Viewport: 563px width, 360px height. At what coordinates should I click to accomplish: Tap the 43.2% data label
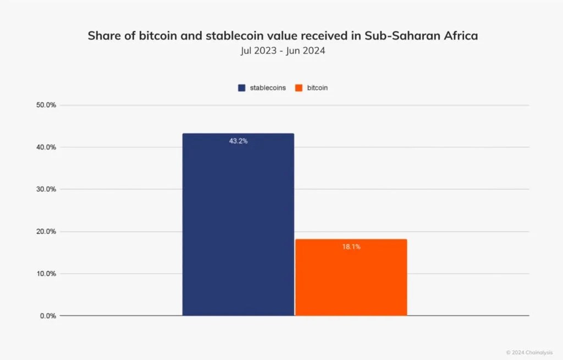pyautogui.click(x=238, y=141)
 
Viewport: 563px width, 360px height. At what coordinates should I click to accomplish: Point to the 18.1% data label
pyautogui.click(x=351, y=247)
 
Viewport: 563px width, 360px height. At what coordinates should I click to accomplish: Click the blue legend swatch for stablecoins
pyautogui.click(x=241, y=88)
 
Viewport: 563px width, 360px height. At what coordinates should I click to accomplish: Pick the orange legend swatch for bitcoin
pyautogui.click(x=299, y=88)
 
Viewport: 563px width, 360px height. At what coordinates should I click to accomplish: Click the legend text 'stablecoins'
pyautogui.click(x=268, y=88)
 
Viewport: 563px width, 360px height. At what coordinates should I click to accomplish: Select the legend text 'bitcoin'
pyautogui.click(x=317, y=88)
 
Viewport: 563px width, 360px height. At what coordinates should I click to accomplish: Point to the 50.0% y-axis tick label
pyautogui.click(x=46, y=105)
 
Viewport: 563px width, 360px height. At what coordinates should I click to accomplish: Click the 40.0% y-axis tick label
pyautogui.click(x=46, y=147)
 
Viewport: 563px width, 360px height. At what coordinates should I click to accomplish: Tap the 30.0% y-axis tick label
pyautogui.click(x=46, y=189)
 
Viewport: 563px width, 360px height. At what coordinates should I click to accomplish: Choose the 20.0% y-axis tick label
pyautogui.click(x=46, y=231)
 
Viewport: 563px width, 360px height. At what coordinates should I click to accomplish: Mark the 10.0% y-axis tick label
pyautogui.click(x=46, y=274)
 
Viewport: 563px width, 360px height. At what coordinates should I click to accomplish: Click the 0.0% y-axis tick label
pyautogui.click(x=48, y=316)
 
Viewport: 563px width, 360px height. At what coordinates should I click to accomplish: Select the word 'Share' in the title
pyautogui.click(x=103, y=36)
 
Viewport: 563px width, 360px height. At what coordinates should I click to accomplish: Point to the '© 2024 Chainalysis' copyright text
pyautogui.click(x=529, y=352)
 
